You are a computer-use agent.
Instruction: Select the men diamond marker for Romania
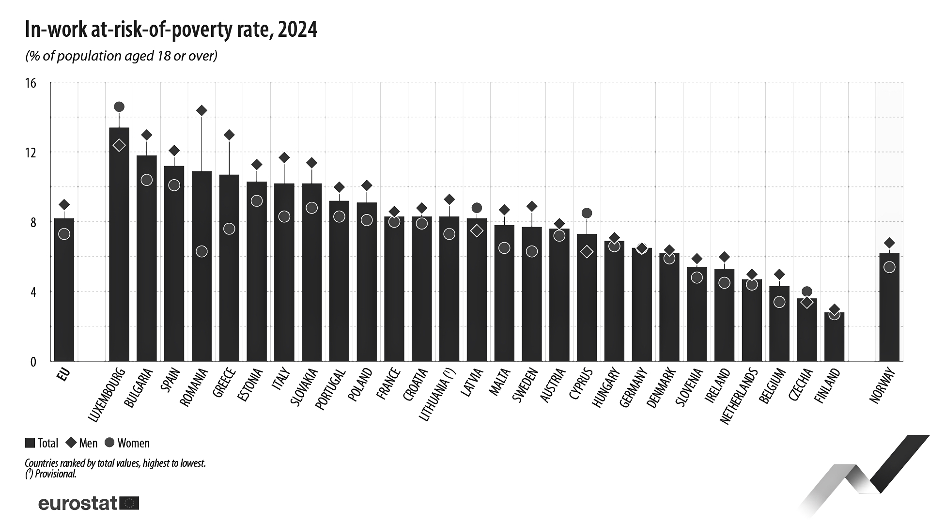201,110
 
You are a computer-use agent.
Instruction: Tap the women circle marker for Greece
229,229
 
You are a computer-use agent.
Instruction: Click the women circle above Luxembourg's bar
119,107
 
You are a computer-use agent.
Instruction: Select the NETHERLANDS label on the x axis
737,397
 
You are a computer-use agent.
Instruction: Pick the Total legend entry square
30,443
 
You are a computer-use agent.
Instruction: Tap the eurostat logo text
77,503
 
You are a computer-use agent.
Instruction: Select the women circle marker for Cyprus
587,213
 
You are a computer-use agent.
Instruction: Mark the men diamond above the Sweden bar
532,207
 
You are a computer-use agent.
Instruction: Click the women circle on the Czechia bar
806,292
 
